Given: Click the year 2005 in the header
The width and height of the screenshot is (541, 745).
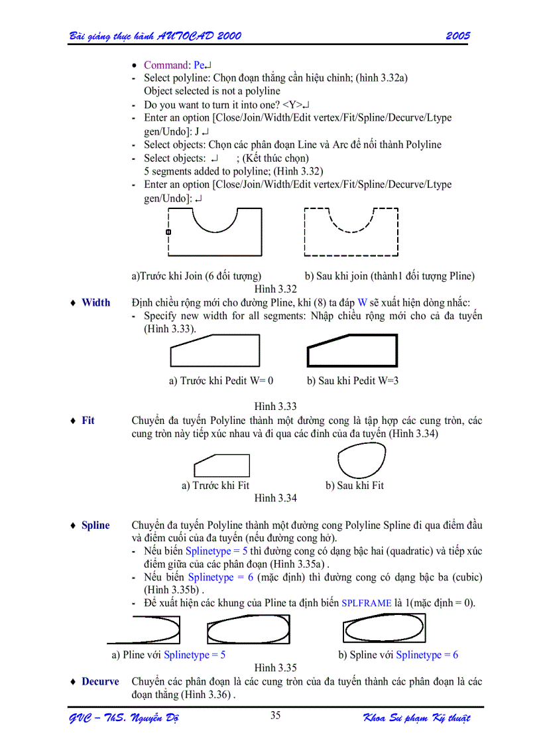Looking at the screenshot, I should (x=457, y=36).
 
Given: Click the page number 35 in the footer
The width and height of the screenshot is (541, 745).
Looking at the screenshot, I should (x=276, y=715).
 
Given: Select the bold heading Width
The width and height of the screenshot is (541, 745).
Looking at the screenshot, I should (x=96, y=303).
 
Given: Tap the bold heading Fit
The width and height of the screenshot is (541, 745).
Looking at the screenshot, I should (x=88, y=421).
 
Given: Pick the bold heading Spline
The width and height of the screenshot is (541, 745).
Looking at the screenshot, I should (x=95, y=525).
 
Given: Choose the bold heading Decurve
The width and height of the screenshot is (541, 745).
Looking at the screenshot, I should (x=100, y=682).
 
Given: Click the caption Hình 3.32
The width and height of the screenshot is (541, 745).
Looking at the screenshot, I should (x=275, y=289).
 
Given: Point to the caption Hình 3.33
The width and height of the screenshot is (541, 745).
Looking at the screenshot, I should (x=275, y=407).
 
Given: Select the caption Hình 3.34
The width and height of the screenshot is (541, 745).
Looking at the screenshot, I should (x=275, y=498).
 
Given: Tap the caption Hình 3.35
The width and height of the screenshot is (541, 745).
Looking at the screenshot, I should (x=275, y=668).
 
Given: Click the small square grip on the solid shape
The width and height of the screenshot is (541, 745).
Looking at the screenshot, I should (x=168, y=232).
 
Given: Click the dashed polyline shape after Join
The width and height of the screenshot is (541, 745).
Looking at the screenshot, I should (x=351, y=232).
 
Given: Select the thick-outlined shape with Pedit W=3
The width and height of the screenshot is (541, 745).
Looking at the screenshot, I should (x=353, y=352).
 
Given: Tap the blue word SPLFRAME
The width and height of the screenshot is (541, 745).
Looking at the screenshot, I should (x=366, y=604).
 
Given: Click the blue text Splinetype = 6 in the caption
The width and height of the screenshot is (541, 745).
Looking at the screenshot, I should (x=427, y=655).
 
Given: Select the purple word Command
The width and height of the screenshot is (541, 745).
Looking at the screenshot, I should (x=166, y=65).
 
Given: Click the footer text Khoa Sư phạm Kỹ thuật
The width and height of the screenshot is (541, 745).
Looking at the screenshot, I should (x=416, y=719).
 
